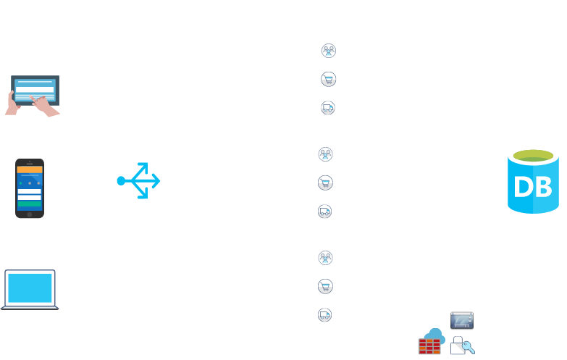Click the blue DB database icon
[x=533, y=180]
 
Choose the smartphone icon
[x=30, y=188]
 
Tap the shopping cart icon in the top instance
[x=328, y=80]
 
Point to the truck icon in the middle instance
[x=325, y=212]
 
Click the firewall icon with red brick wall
[x=431, y=342]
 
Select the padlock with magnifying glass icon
[x=461, y=346]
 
